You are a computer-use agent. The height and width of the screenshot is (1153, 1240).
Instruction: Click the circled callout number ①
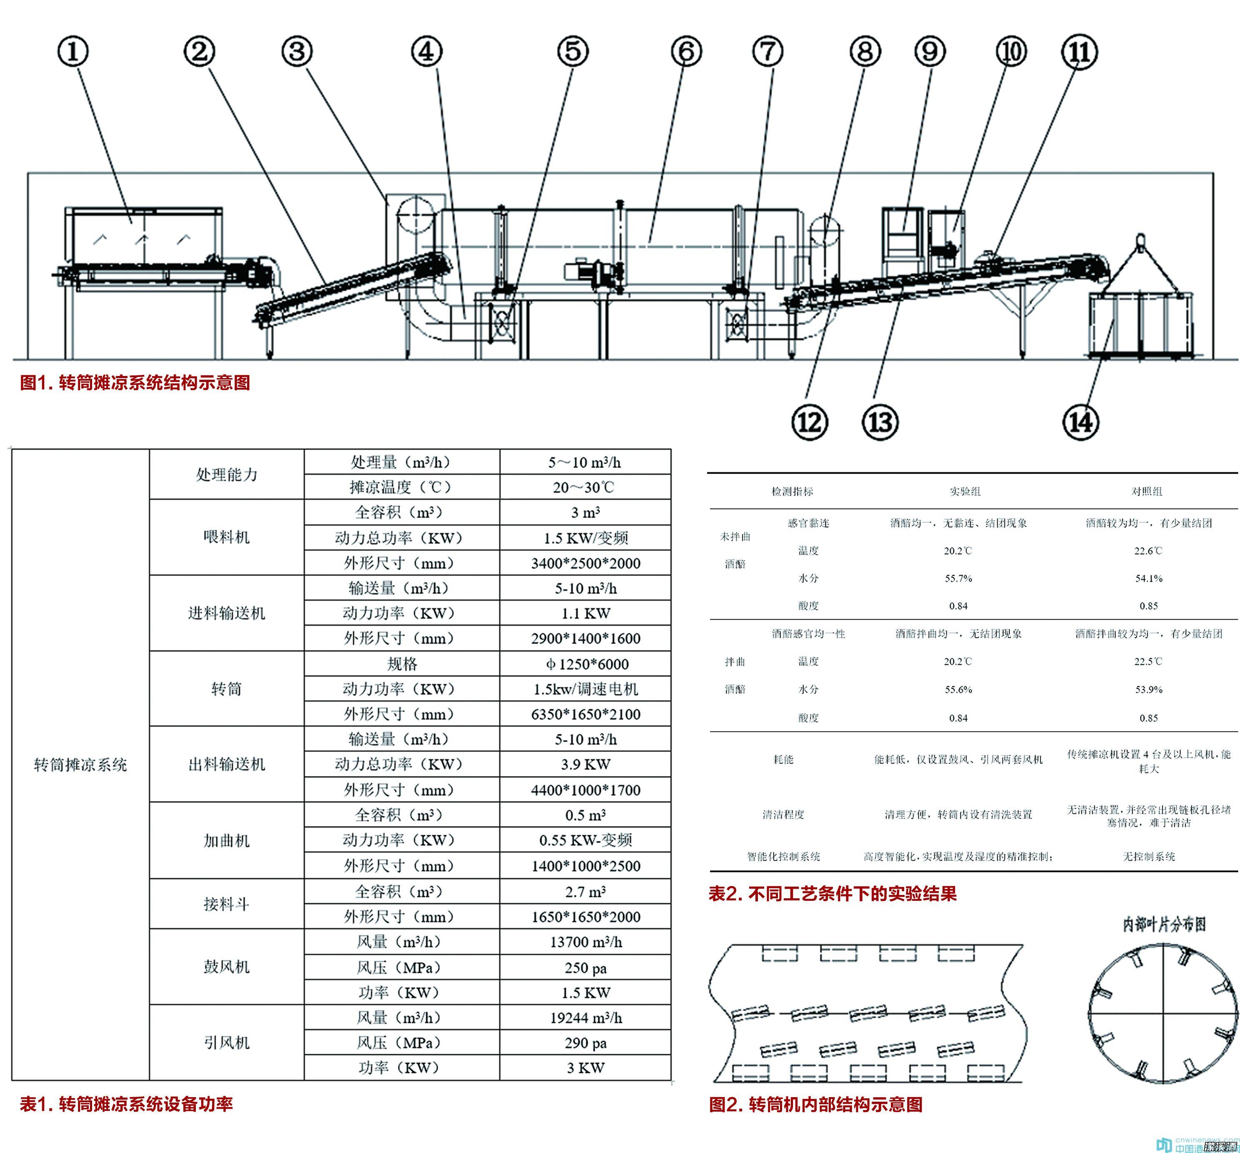73,51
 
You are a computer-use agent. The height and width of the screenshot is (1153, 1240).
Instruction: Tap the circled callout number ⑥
686,51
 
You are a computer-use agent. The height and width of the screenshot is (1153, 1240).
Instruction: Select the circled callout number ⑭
1080,422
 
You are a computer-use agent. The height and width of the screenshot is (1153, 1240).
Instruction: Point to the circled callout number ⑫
809,422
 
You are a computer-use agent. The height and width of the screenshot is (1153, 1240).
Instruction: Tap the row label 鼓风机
226,966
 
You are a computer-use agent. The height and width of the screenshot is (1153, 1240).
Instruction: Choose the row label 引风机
226,1043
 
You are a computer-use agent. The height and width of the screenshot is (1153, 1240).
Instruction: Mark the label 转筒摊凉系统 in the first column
80,764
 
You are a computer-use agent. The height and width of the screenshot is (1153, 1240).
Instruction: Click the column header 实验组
965,491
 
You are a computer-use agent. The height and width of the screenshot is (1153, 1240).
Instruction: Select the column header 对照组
1147,491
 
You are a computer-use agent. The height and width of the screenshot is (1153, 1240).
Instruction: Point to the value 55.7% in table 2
958,578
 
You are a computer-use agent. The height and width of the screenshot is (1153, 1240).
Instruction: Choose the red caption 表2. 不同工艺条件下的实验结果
832,893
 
